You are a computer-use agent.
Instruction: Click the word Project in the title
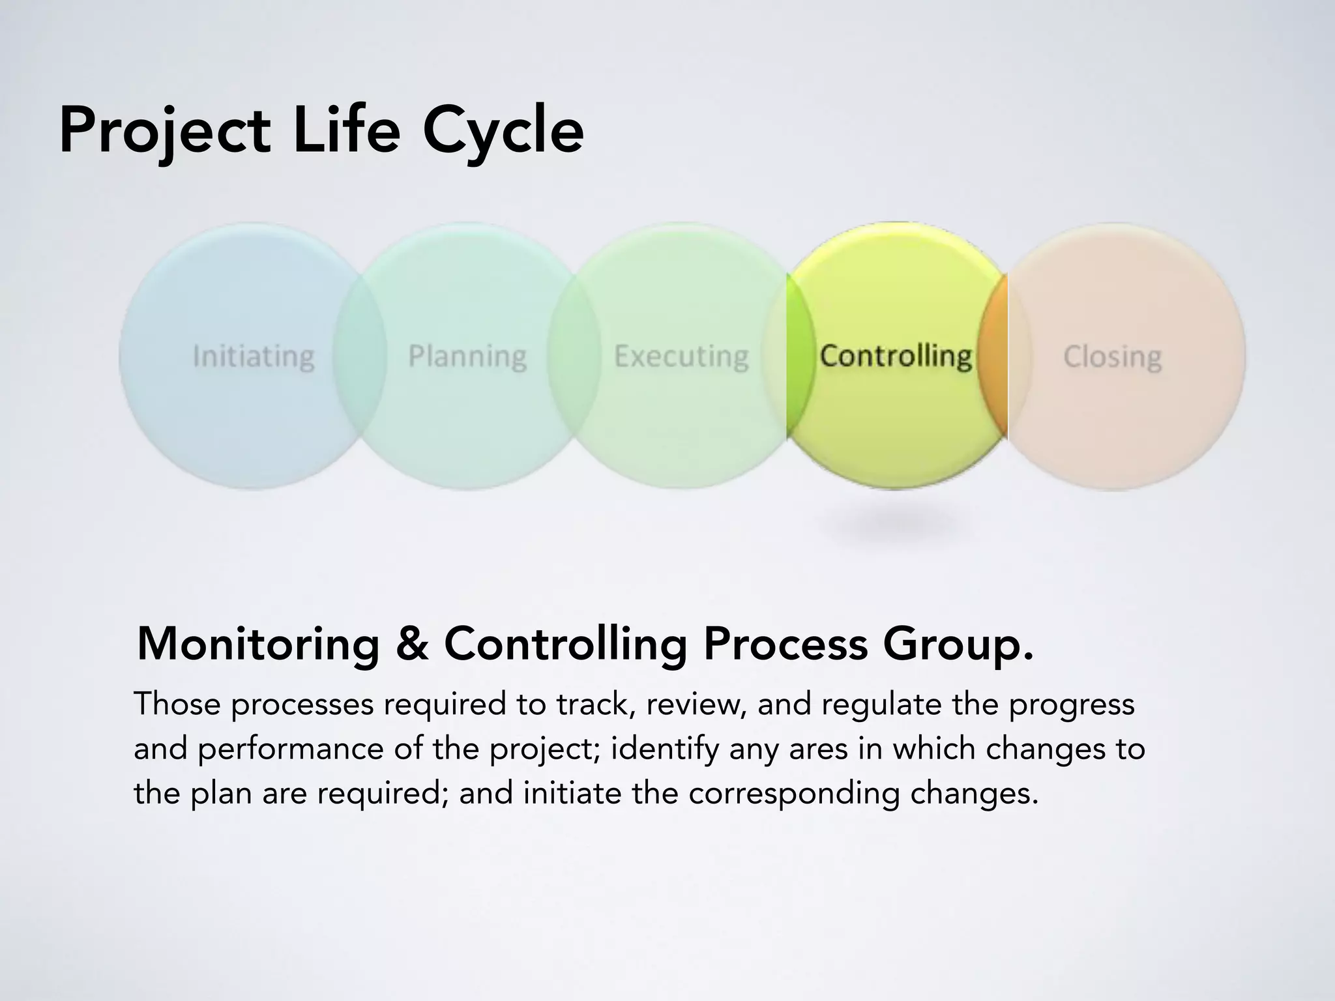pyautogui.click(x=164, y=132)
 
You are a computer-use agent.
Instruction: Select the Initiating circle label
pyautogui.click(x=254, y=357)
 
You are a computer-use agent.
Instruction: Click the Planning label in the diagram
pyautogui.click(x=467, y=357)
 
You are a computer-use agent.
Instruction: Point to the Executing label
pyautogui.click(x=681, y=357)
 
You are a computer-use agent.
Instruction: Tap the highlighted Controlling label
pyautogui.click(x=896, y=356)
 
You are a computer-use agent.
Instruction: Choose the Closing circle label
pyautogui.click(x=1112, y=357)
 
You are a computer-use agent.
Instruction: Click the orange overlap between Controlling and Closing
pyautogui.click(x=993, y=356)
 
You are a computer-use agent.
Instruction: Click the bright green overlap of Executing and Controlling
pyautogui.click(x=800, y=356)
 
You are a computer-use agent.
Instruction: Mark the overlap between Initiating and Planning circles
pyautogui.click(x=359, y=356)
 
